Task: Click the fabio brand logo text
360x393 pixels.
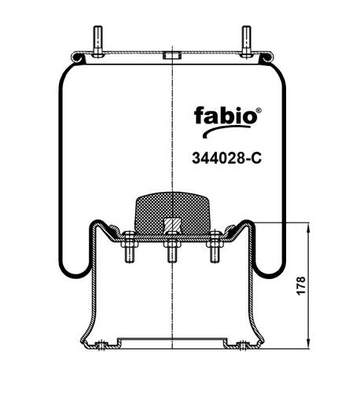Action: pyautogui.click(x=226, y=116)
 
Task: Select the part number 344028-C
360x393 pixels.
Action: pyautogui.click(x=226, y=158)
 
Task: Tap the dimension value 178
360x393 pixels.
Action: pyautogui.click(x=301, y=285)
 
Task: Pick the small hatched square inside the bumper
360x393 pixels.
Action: pyautogui.click(x=172, y=226)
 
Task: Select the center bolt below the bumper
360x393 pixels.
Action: pyautogui.click(x=172, y=247)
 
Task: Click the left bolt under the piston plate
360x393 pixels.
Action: pyautogui.click(x=130, y=247)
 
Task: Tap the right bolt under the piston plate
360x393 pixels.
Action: pyautogui.click(x=215, y=247)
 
